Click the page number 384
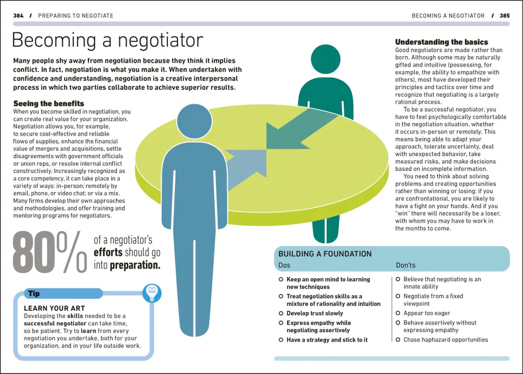click(18, 16)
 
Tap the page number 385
click(505, 16)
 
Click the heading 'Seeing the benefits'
click(49, 103)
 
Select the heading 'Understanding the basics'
click(442, 42)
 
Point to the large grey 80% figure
click(50, 252)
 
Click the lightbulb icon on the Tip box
click(152, 293)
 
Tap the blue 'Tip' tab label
click(34, 294)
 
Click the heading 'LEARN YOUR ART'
click(54, 308)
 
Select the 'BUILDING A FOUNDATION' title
click(325, 254)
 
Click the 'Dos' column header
click(284, 265)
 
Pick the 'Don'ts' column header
click(406, 265)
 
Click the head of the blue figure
click(195, 121)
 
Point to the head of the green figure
click(325, 59)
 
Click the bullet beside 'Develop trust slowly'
click(281, 313)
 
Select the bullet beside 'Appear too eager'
click(397, 313)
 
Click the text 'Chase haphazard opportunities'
click(445, 340)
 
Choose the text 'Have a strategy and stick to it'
click(327, 340)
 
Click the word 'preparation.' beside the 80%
click(135, 265)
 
